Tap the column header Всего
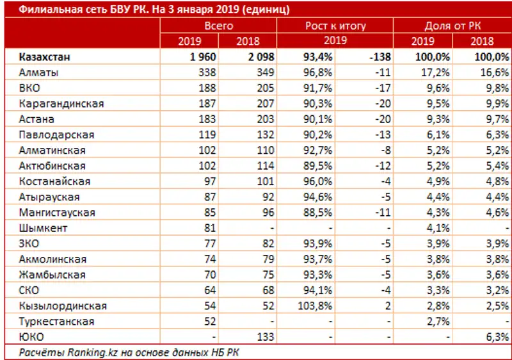(x=218, y=26)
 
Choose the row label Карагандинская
(x=61, y=104)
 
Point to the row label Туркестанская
(x=57, y=322)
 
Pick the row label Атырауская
(x=49, y=197)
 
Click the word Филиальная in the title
(x=44, y=10)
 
